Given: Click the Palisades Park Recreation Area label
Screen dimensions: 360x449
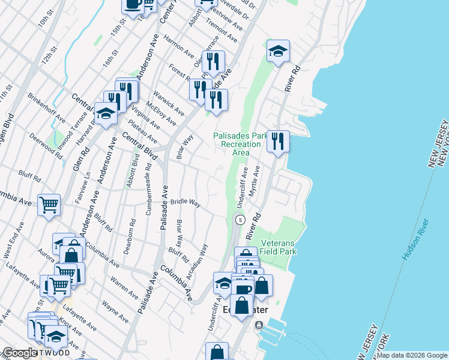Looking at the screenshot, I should (x=240, y=144).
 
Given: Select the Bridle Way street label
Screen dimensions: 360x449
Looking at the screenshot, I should (x=185, y=203).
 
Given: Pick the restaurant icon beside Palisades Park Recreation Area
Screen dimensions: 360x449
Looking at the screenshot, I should (x=277, y=142).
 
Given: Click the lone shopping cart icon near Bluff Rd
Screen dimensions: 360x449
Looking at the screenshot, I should (x=49, y=204).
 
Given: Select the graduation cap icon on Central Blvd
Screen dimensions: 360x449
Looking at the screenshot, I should (x=106, y=113).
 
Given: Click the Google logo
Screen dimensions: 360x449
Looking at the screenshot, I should (x=19, y=353).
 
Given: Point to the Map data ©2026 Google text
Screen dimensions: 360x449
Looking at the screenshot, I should (x=412, y=355).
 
